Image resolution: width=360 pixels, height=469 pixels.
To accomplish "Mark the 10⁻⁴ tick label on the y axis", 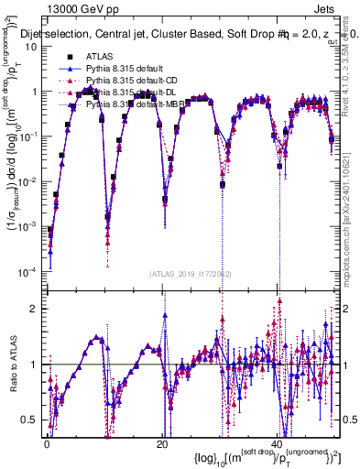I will coord(30,272).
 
